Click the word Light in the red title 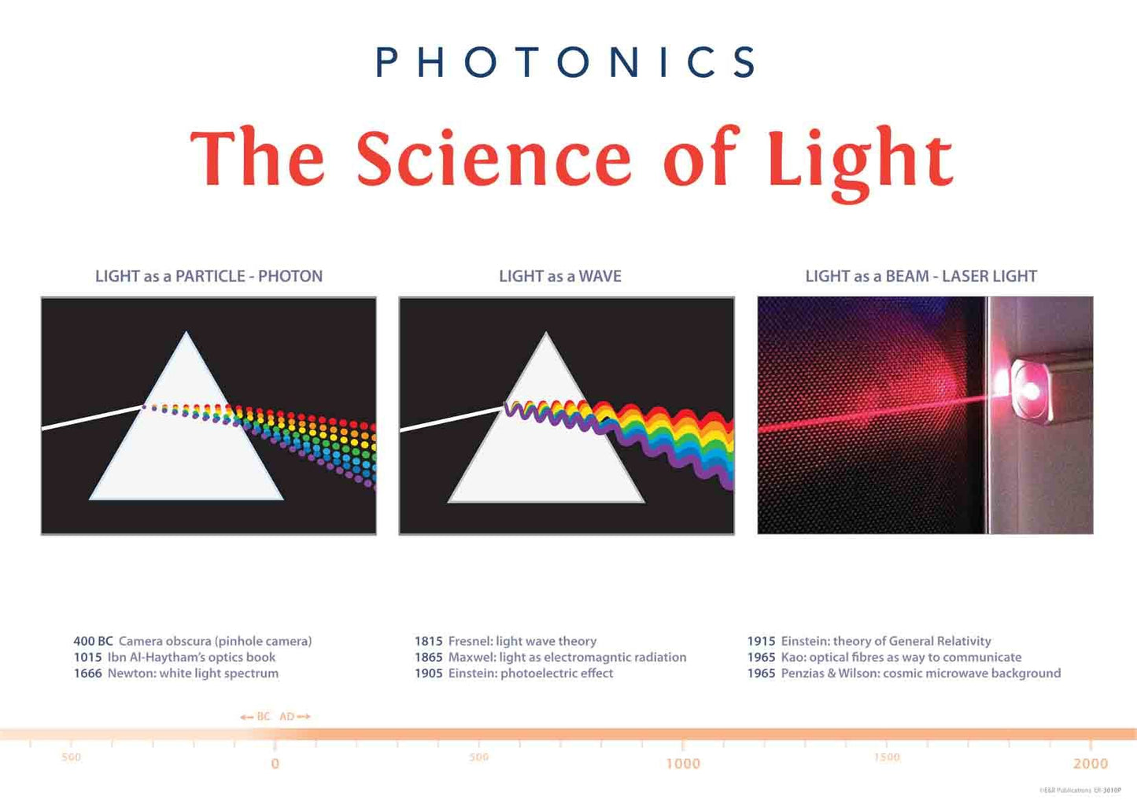coord(859,160)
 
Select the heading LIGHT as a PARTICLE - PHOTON coord(209,276)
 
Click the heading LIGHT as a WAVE coord(559,276)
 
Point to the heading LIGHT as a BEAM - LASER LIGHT coord(921,276)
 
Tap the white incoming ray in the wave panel coord(451,419)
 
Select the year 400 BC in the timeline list coord(93,641)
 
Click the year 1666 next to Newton coord(87,673)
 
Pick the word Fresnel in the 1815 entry coord(470,641)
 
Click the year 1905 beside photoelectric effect coord(428,673)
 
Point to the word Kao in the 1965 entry coord(792,658)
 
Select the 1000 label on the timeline coord(682,763)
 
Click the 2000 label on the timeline coord(1090,763)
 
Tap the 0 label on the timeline coord(275,763)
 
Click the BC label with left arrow coord(257,717)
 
